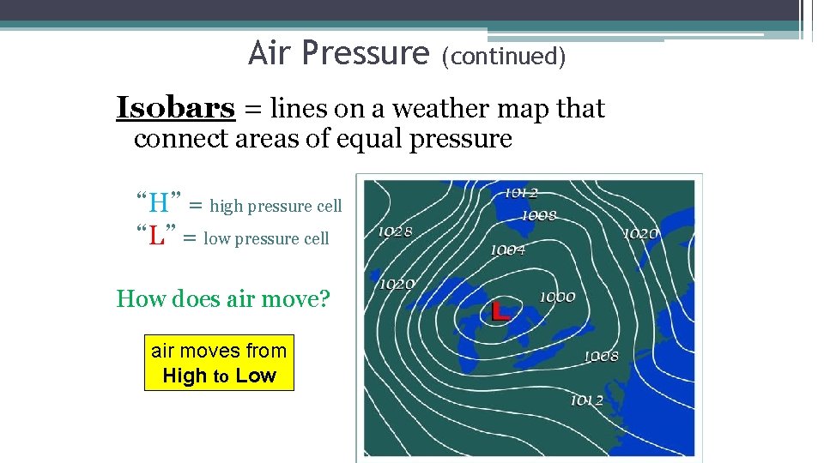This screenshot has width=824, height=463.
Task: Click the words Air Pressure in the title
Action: (x=338, y=54)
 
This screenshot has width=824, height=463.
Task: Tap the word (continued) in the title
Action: (x=503, y=57)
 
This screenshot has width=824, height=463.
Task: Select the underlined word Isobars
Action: (x=175, y=109)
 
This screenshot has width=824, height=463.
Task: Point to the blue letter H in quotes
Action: (x=159, y=204)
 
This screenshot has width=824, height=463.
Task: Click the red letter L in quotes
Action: (x=156, y=237)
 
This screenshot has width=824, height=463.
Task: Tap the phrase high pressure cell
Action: (x=276, y=206)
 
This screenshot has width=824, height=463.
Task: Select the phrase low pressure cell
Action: (x=266, y=239)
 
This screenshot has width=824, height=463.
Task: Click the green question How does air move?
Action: (x=223, y=299)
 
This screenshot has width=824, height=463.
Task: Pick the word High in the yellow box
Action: (x=185, y=376)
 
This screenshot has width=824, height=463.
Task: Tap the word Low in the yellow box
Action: (x=256, y=376)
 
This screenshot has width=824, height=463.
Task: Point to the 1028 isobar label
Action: (x=395, y=231)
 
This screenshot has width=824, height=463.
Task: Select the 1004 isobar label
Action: (x=507, y=250)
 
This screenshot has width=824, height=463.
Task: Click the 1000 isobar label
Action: (x=557, y=297)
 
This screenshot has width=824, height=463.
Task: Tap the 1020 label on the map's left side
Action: (x=397, y=284)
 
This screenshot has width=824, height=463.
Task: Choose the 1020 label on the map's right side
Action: (x=640, y=233)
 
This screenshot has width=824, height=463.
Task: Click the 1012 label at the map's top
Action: (x=520, y=193)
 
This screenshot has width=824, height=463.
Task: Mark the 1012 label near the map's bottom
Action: (x=586, y=400)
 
